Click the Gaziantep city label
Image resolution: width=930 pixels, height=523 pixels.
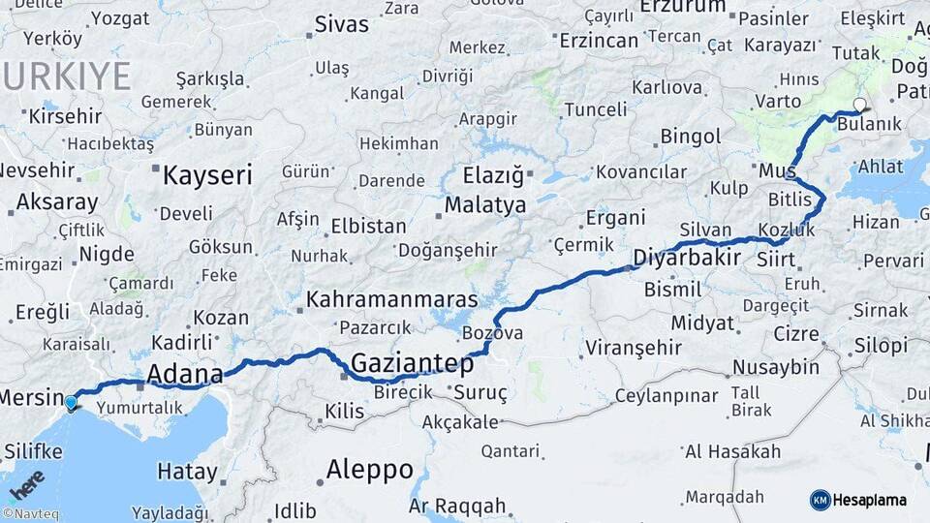tap(412, 364)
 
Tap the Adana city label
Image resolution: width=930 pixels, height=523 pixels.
tap(184, 374)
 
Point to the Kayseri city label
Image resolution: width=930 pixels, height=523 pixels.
tap(206, 175)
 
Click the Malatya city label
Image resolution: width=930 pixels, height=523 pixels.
tap(484, 205)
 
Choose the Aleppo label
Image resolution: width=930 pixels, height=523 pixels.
tap(369, 470)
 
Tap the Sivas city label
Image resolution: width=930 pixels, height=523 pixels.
tap(341, 24)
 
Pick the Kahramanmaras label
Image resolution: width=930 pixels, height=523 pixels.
tap(391, 299)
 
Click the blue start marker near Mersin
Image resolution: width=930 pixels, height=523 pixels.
tap(71, 402)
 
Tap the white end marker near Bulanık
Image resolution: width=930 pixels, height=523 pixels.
tap(858, 105)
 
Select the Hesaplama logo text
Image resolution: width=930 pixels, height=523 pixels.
tap(870, 500)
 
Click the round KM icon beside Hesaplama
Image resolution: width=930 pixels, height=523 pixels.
tap(820, 500)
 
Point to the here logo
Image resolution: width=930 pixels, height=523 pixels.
tap(26, 483)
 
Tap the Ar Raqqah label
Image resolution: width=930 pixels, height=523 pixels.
tap(456, 506)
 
